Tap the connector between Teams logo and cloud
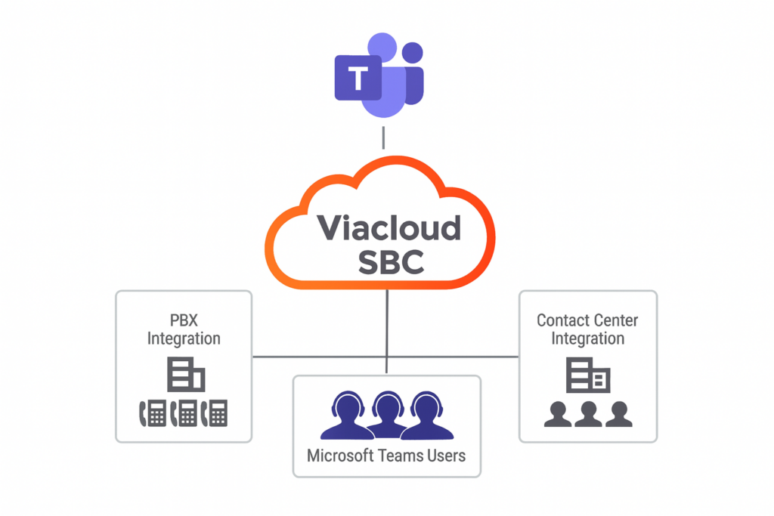(x=384, y=137)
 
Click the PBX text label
(x=183, y=320)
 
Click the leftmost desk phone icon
(x=153, y=412)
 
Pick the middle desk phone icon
(x=184, y=412)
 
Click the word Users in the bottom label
(x=446, y=456)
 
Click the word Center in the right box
(x=614, y=320)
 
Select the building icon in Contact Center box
(x=588, y=375)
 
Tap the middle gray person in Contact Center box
(x=588, y=413)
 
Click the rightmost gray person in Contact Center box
(x=618, y=413)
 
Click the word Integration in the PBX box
(x=184, y=338)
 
